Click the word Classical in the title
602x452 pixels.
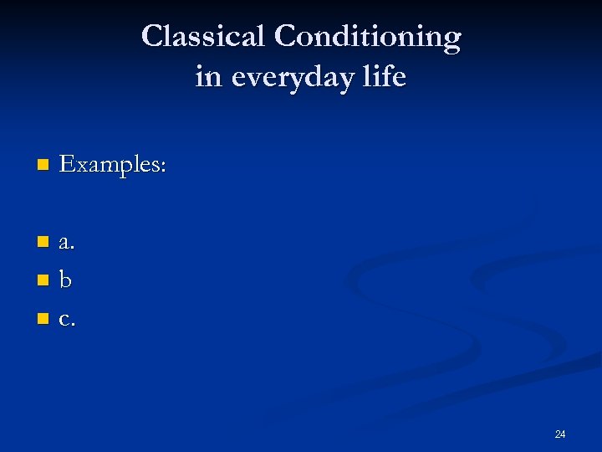(x=203, y=36)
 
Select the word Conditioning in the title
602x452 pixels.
(x=367, y=37)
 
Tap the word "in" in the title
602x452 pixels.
(x=209, y=77)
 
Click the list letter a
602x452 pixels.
(x=65, y=244)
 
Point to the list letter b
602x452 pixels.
(x=65, y=280)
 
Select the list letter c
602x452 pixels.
(x=64, y=320)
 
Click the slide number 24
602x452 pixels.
(x=559, y=434)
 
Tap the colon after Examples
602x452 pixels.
(x=164, y=167)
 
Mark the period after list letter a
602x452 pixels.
(x=74, y=249)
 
